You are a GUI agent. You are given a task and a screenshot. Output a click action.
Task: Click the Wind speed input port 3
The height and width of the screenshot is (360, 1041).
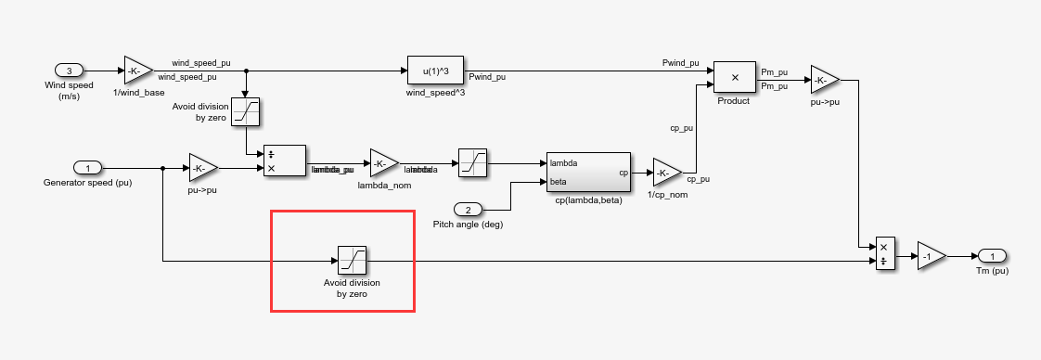click(x=70, y=71)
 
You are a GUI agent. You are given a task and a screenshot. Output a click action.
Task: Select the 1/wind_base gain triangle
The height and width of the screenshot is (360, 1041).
click(x=137, y=71)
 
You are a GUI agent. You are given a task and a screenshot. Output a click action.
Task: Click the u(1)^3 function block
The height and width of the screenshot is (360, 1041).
click(x=435, y=71)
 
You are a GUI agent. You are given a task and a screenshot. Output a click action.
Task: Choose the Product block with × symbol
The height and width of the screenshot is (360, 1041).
click(x=733, y=79)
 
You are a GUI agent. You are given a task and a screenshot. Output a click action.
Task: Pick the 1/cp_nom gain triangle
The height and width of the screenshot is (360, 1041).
click(x=666, y=172)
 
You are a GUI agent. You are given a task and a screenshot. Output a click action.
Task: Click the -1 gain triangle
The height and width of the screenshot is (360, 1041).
click(x=930, y=256)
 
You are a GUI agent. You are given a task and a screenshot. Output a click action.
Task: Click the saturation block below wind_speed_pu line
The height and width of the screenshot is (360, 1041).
click(x=245, y=111)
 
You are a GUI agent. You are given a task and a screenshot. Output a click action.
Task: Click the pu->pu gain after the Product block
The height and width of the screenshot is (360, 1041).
click(x=824, y=80)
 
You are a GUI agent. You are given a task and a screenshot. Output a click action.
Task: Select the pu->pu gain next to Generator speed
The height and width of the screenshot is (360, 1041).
click(x=202, y=168)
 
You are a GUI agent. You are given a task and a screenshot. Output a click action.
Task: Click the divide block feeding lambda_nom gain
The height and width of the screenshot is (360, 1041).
click(x=285, y=161)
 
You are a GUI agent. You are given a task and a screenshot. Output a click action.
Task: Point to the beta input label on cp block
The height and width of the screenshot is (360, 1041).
click(x=559, y=182)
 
